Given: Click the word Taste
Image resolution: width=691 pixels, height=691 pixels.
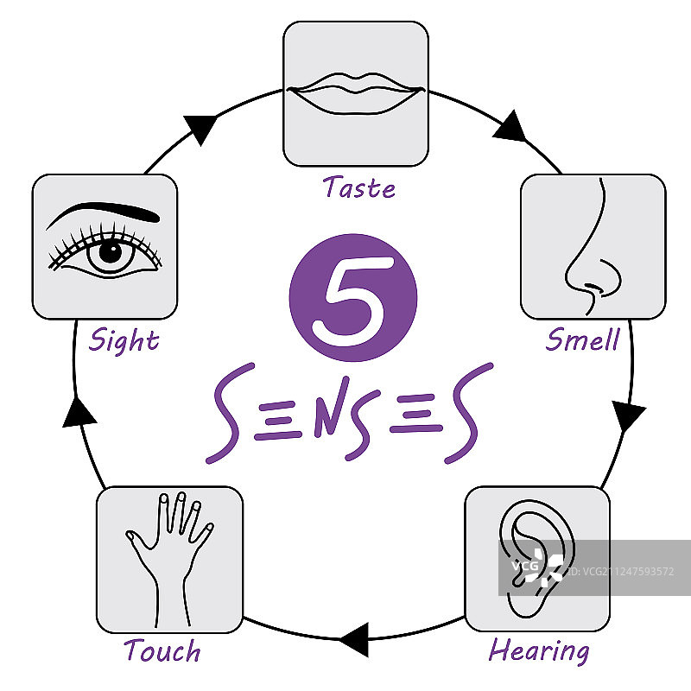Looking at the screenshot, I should click(359, 187).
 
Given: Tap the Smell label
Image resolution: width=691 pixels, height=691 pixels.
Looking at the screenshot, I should click(583, 339).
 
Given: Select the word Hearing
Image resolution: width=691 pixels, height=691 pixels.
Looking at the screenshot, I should click(539, 650).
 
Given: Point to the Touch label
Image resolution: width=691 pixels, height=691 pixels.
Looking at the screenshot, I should click(162, 650).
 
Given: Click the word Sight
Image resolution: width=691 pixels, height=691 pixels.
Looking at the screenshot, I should click(124, 339).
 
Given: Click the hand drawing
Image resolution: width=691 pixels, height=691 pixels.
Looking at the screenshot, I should click(167, 553).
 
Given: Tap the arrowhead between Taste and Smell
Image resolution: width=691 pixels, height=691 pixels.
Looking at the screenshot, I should click(511, 127).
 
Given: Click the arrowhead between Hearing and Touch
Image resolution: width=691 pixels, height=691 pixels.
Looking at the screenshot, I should click(355, 640).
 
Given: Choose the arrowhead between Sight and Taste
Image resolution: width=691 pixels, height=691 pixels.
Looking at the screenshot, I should click(203, 127).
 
